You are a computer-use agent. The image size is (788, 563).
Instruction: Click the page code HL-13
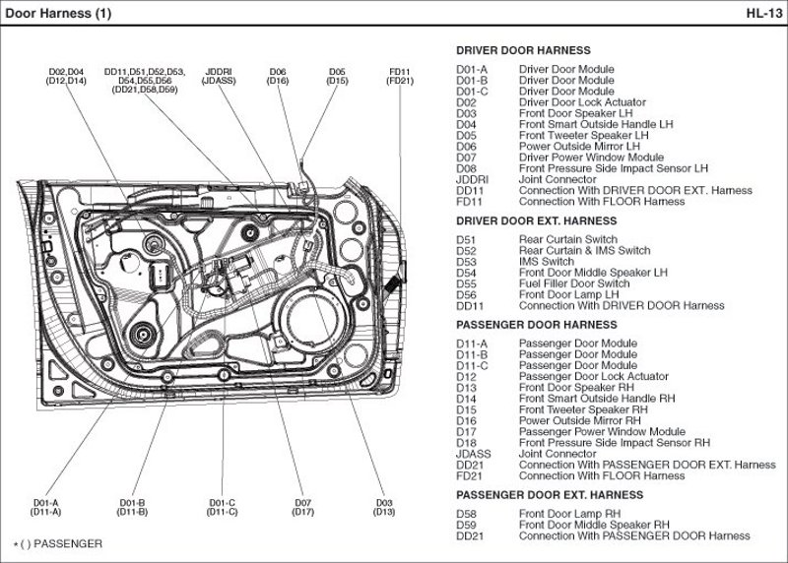pos(764,13)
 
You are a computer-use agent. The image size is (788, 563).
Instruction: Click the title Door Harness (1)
pos(58,13)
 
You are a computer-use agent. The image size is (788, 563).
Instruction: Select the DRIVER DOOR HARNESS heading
pos(523,50)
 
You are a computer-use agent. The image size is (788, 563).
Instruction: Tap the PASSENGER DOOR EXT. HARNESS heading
pos(550,495)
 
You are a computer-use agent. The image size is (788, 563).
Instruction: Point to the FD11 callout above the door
pos(400,72)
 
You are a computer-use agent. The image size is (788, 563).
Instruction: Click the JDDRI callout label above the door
pos(219,72)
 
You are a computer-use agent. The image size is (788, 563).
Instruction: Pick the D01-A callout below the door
pos(45,503)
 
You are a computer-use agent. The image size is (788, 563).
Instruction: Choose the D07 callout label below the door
pos(302,503)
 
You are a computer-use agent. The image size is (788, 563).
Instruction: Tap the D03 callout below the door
pos(384,503)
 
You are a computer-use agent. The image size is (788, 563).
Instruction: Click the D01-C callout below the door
pos(223,503)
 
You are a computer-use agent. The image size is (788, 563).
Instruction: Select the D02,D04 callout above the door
pos(66,72)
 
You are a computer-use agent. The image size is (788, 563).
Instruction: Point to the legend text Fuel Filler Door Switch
pos(574,283)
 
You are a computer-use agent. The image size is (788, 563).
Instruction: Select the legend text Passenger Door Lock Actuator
pos(594,376)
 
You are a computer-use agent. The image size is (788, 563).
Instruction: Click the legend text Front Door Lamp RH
pos(569,514)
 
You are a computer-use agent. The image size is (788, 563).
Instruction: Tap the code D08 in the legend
pos(466,168)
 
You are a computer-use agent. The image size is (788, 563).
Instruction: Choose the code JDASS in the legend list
pos(474,454)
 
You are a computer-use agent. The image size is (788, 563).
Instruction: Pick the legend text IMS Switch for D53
pos(547,262)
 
